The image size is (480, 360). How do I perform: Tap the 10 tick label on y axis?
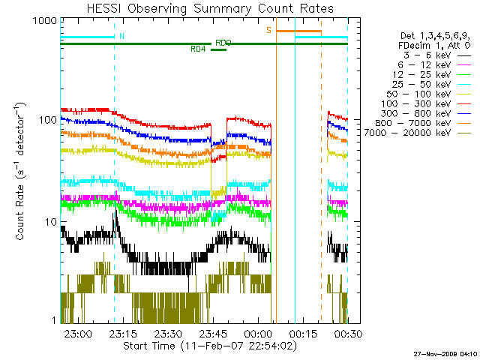(x=49, y=223)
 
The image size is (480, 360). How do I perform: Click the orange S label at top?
(x=268, y=30)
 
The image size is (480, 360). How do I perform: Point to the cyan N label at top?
(x=122, y=35)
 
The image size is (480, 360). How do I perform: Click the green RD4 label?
(x=198, y=49)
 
